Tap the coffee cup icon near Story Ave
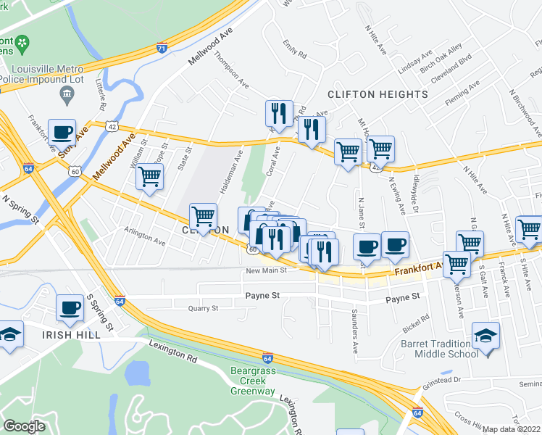tap(62, 131)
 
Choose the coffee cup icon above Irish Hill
tap(71, 307)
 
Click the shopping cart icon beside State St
tap(149, 175)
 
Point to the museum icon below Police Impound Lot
tap(67, 93)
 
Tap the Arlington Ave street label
tap(145, 237)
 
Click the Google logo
tap(24, 426)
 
